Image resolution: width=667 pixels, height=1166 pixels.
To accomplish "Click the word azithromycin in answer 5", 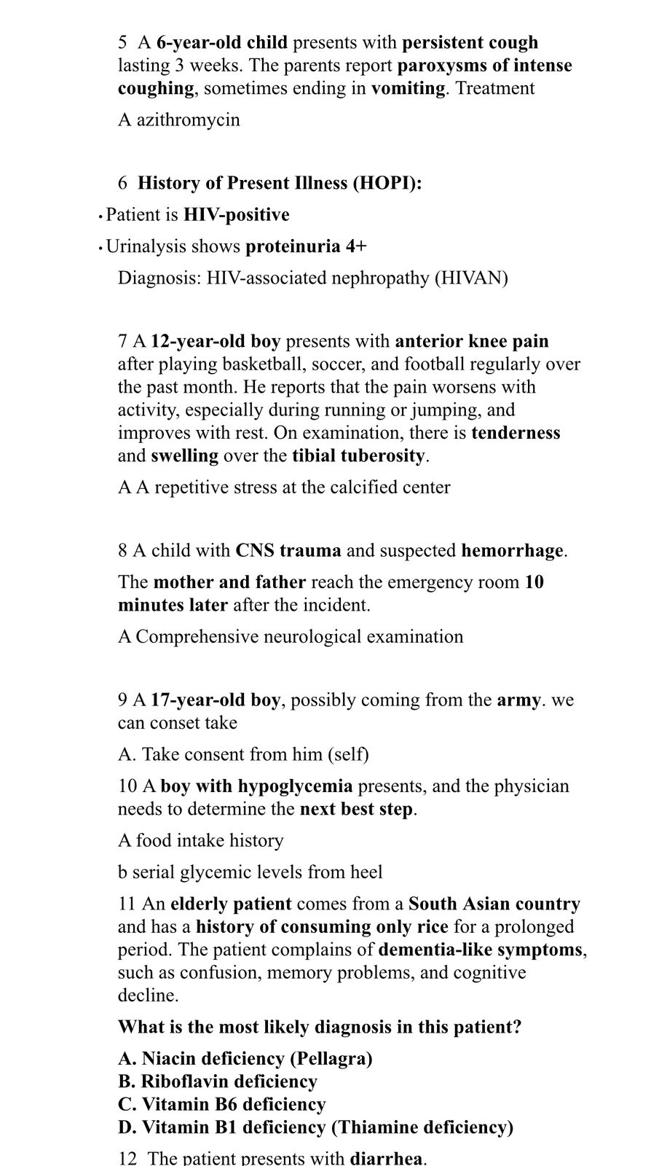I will [x=189, y=120].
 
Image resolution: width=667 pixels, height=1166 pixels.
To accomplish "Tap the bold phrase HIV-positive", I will [x=236, y=215].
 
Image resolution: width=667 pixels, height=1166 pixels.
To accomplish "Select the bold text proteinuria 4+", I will [x=306, y=246].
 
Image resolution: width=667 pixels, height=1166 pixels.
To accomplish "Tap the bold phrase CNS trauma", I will [x=288, y=551].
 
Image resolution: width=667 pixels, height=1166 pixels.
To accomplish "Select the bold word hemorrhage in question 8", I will [x=513, y=551].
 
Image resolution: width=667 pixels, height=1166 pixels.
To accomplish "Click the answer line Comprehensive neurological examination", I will [x=299, y=637].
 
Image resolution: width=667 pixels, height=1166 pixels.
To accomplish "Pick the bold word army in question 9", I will [x=518, y=700].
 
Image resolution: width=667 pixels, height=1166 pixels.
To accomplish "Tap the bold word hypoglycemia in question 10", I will [x=295, y=786].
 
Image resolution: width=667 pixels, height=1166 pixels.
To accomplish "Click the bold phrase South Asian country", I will [x=494, y=904].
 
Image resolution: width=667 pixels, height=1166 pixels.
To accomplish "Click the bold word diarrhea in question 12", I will [x=387, y=1159].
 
